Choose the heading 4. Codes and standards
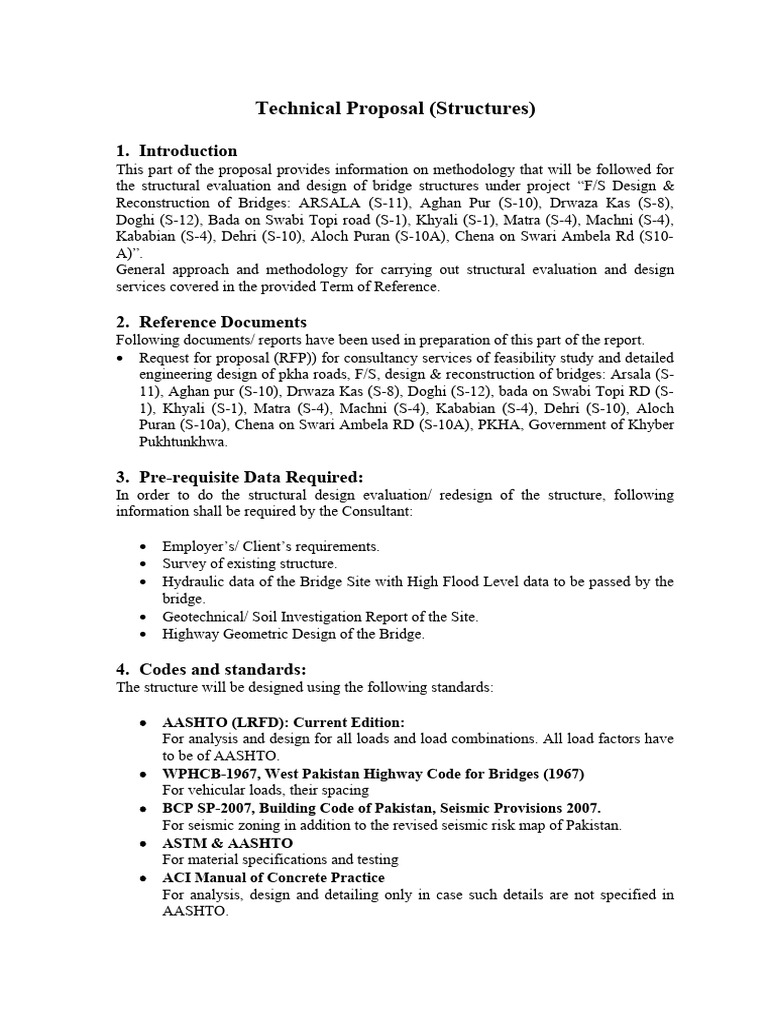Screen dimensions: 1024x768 click(211, 669)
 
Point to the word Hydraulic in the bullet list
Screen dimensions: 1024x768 click(191, 581)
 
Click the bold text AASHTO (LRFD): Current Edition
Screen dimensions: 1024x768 click(284, 722)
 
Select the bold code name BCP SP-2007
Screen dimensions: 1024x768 click(210, 808)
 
